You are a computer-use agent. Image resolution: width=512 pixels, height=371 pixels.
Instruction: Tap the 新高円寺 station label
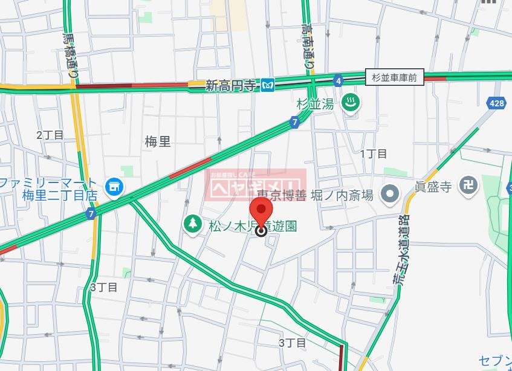230,86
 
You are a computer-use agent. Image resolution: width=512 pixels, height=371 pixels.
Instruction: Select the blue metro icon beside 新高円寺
268,86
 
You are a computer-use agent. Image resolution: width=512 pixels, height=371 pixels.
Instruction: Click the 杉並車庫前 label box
395,77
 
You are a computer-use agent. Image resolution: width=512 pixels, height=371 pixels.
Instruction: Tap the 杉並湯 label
315,104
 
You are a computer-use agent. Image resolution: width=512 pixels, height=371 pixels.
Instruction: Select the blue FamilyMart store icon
113,187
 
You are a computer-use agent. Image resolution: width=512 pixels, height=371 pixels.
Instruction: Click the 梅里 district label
158,142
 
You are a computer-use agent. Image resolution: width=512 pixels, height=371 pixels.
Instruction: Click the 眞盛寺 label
433,187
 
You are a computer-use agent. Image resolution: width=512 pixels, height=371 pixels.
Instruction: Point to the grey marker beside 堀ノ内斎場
390,195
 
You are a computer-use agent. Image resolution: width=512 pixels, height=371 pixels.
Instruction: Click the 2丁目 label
50,135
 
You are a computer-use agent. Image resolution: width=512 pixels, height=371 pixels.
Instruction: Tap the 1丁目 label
374,153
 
